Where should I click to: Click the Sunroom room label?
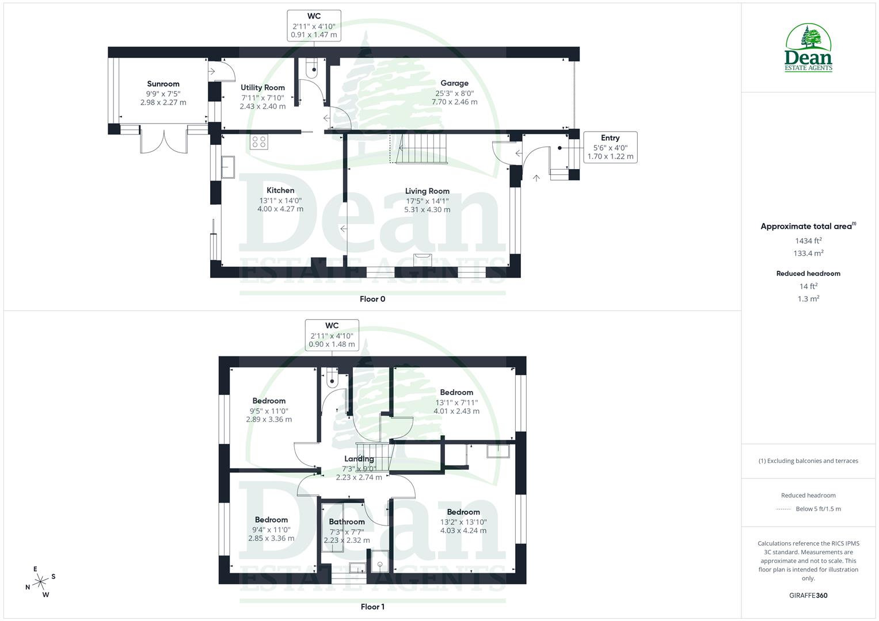163,84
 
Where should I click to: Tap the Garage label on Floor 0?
454,83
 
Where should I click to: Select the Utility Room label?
262,87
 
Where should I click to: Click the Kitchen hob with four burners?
258,141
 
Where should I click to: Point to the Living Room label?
427,191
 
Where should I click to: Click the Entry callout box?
610,147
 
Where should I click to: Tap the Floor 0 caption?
372,299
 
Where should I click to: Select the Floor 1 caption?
372,607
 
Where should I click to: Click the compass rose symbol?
40,582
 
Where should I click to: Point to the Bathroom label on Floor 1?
347,522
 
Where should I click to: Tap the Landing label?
359,459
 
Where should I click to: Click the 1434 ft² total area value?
808,241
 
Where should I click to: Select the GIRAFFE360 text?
808,596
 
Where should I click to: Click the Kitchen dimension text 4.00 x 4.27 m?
280,209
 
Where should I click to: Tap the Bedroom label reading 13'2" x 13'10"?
463,512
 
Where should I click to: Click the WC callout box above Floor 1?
332,335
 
